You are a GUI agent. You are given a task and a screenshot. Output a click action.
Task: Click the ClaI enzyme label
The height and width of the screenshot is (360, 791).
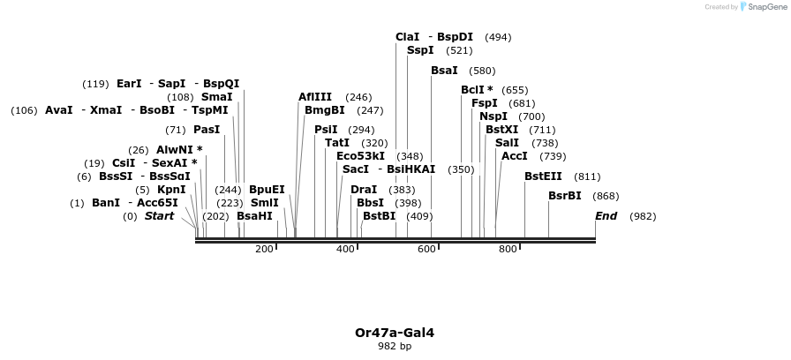tap(408, 37)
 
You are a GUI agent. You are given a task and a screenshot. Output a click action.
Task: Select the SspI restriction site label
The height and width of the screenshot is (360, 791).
tap(420, 50)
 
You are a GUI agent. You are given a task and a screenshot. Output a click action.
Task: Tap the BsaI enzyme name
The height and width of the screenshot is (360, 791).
tap(444, 71)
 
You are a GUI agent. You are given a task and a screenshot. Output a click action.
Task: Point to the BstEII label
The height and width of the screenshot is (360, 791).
tap(543, 176)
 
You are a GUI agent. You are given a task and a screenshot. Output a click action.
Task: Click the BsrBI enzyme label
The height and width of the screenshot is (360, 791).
tap(565, 196)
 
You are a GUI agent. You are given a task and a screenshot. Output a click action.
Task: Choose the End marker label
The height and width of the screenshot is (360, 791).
tap(606, 216)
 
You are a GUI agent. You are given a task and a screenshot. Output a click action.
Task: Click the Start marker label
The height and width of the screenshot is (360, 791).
tap(159, 216)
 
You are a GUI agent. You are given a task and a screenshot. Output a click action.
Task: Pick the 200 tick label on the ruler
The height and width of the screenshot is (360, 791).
tap(264, 250)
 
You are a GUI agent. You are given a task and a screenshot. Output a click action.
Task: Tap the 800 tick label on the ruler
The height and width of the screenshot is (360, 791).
tap(508, 250)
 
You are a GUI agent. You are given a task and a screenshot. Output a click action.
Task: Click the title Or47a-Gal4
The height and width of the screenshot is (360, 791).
tap(395, 333)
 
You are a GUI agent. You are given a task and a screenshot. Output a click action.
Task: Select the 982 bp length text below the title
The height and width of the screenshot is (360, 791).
tap(395, 346)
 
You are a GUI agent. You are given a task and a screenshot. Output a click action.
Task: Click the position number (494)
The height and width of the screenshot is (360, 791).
tap(498, 37)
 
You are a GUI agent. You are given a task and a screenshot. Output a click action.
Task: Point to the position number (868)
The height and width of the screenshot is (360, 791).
tap(606, 196)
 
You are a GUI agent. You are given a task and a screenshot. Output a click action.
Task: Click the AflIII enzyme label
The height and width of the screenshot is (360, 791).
tap(315, 97)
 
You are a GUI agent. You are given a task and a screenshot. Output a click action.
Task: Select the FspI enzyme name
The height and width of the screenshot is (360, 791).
tap(485, 103)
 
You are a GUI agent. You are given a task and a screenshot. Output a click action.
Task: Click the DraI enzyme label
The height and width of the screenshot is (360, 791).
tap(364, 190)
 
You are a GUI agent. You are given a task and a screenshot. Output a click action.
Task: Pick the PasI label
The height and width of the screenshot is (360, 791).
tap(207, 130)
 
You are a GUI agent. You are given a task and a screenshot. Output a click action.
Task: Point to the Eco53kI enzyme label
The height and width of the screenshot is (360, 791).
tap(360, 156)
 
